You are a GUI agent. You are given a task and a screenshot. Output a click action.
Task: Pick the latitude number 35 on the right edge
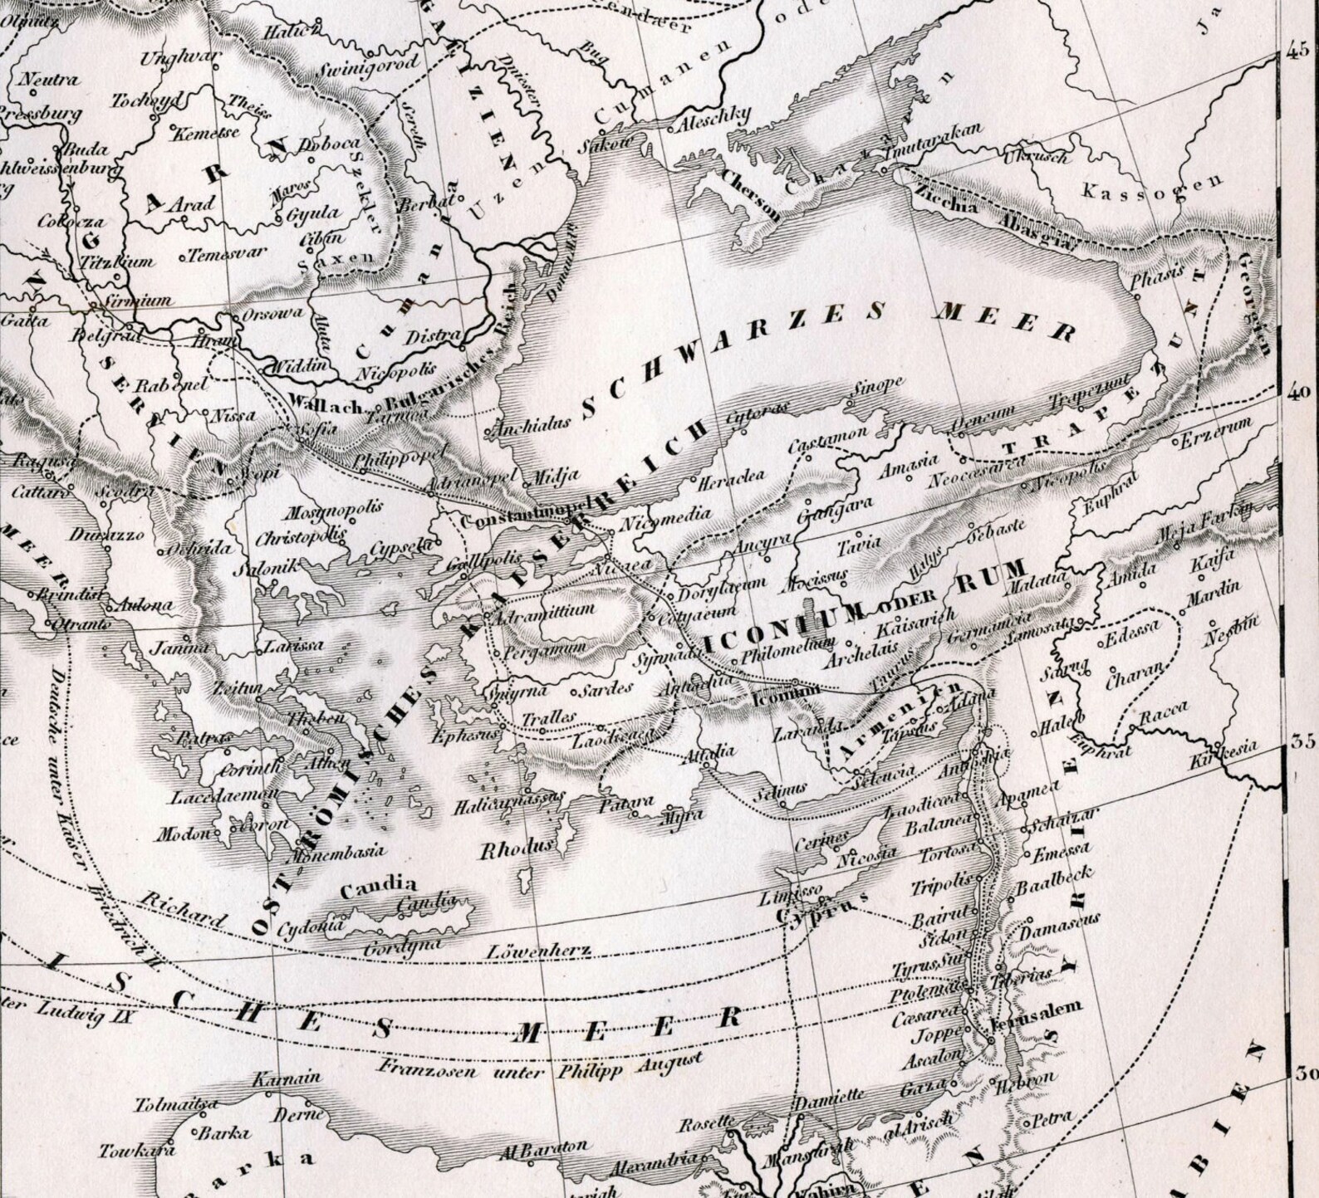pos(1302,741)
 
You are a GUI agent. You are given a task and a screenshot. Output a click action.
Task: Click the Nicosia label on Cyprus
pos(870,853)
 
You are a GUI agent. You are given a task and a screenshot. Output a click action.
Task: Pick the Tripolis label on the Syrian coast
pos(940,884)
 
